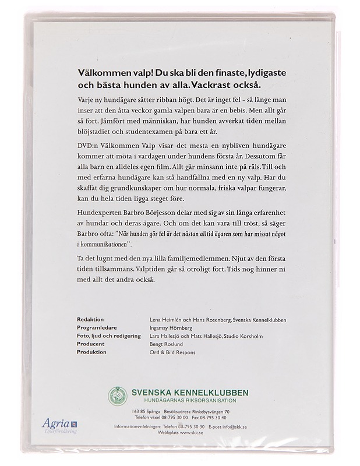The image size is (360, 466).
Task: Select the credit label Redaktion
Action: pos(90,320)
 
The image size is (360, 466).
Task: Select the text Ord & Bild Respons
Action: pos(172,352)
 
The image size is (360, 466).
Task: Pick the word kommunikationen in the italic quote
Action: pos(113,242)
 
